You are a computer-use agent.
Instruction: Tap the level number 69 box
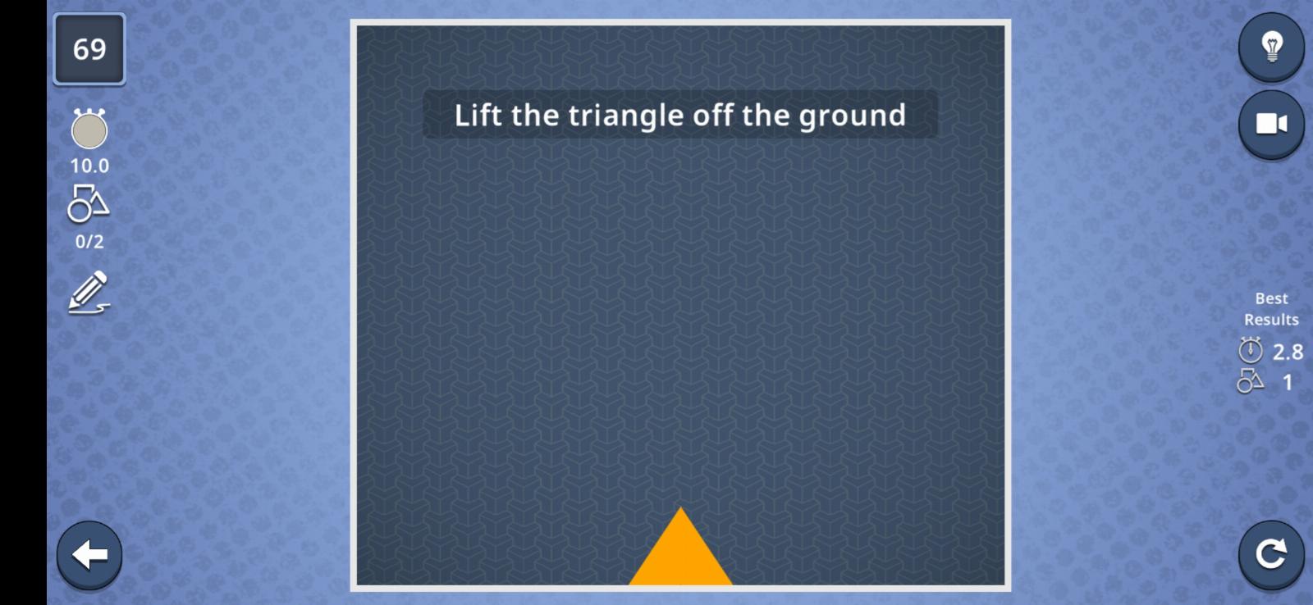(x=89, y=49)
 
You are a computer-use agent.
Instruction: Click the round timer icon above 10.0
(x=89, y=128)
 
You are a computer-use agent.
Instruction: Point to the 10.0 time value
(x=89, y=166)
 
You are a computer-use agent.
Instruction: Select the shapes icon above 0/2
(x=89, y=204)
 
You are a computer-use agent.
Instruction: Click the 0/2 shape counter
(x=89, y=241)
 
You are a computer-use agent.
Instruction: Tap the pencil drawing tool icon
(x=89, y=292)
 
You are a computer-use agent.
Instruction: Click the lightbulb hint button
(x=1271, y=47)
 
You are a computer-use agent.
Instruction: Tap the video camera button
(x=1271, y=124)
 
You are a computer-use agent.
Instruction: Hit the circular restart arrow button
(x=1271, y=554)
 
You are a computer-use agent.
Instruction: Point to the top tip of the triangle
(x=680, y=507)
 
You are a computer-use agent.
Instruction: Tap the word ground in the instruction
(x=853, y=116)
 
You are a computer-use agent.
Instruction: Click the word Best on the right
(x=1271, y=298)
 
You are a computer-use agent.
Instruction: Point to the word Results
(x=1271, y=320)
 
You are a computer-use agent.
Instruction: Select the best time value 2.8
(x=1288, y=352)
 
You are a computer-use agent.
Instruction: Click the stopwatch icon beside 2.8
(x=1251, y=350)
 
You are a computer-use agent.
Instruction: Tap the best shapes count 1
(x=1288, y=383)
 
